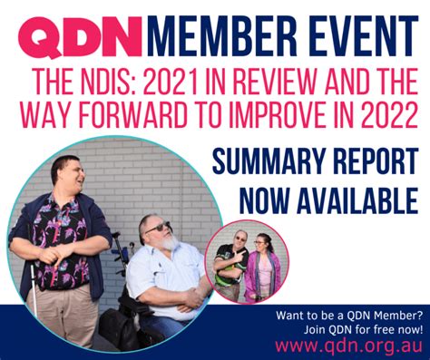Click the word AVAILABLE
tap(356, 197)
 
